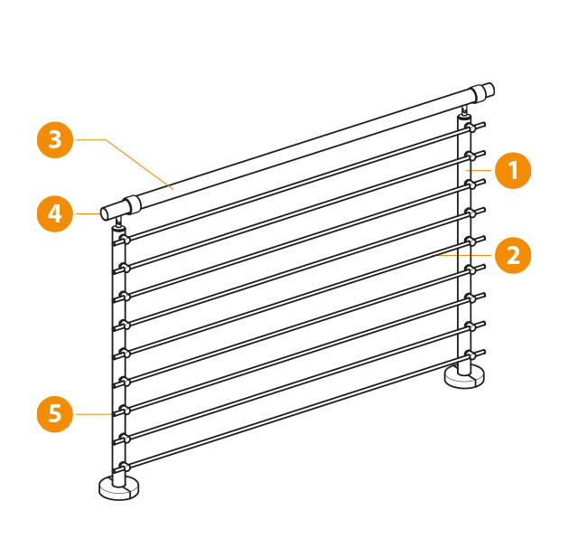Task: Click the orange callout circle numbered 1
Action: tap(513, 170)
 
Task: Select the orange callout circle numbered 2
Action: tap(513, 255)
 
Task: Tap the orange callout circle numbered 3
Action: tap(55, 140)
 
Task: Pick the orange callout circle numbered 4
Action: tap(55, 214)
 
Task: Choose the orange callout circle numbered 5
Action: tap(55, 414)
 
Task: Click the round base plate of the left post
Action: tap(119, 488)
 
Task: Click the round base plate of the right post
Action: tap(464, 377)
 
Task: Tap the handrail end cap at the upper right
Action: tap(485, 91)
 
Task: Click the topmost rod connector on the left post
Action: tap(126, 240)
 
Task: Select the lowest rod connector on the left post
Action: tap(126, 467)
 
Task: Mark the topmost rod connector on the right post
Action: tap(470, 128)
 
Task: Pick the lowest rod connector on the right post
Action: tap(470, 354)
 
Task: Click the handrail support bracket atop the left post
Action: tap(119, 223)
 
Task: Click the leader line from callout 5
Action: tap(93, 414)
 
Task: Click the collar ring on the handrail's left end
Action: tap(133, 205)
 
